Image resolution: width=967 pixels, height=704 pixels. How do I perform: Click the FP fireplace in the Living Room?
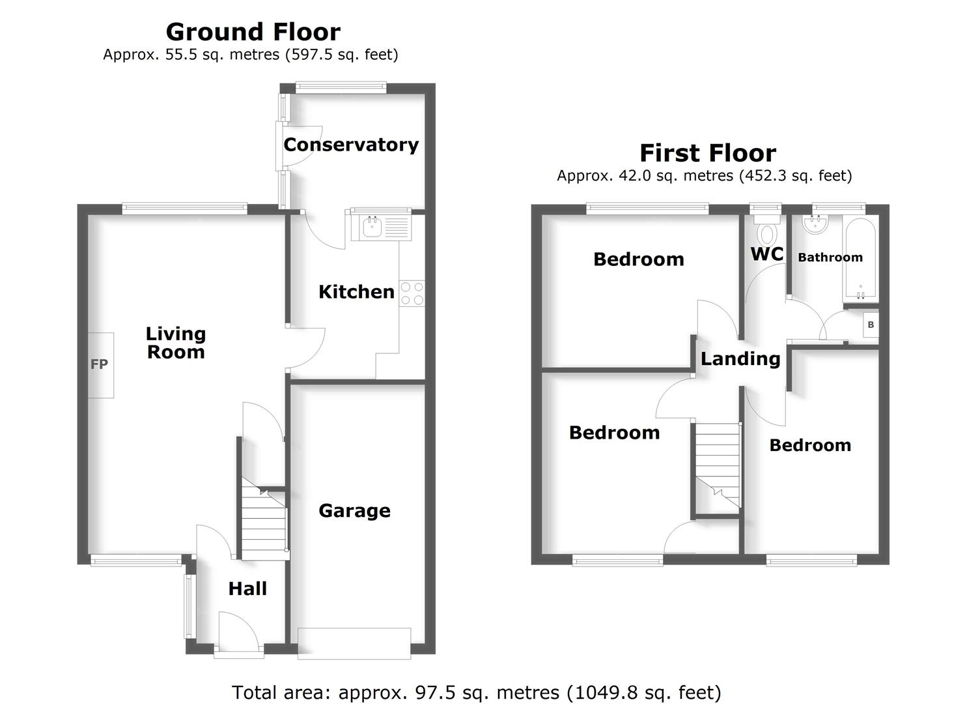[100, 365]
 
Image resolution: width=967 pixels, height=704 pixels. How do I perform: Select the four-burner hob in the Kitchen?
[412, 293]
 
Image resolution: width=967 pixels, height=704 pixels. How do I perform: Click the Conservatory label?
[351, 145]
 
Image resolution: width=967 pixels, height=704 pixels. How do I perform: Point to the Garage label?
[354, 510]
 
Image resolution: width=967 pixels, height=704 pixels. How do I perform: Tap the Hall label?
[247, 589]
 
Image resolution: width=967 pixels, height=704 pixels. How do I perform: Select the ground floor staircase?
[264, 521]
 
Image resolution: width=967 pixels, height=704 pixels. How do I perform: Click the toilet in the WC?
[767, 231]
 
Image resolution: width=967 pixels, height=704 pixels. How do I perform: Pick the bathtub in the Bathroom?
[860, 258]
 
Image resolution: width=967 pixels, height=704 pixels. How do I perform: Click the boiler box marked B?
[871, 325]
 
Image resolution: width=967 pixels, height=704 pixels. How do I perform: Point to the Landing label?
[740, 359]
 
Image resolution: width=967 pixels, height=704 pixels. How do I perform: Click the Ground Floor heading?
[253, 31]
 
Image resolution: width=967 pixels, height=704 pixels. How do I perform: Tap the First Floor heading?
[708, 153]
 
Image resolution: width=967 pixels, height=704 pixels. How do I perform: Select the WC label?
[767, 254]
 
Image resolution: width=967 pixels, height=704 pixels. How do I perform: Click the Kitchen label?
[356, 291]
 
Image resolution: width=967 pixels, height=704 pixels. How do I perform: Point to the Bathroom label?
[830, 257]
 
